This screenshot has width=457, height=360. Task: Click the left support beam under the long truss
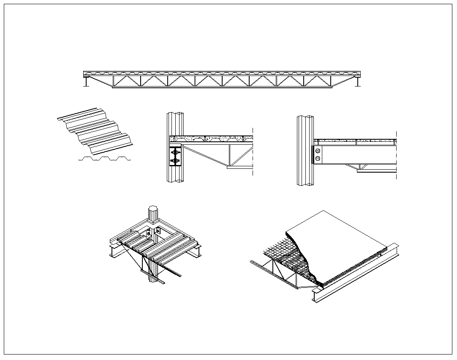point(87,82)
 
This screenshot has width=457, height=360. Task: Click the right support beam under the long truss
point(358,82)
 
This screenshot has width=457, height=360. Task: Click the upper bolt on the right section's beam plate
point(318,151)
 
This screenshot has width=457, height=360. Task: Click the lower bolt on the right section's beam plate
point(318,159)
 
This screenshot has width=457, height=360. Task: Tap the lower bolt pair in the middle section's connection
point(175,161)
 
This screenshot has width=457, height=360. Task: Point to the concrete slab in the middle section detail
point(211,138)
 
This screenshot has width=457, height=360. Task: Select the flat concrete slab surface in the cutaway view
point(338,236)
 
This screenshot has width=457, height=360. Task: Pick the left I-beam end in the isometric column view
point(113,252)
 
